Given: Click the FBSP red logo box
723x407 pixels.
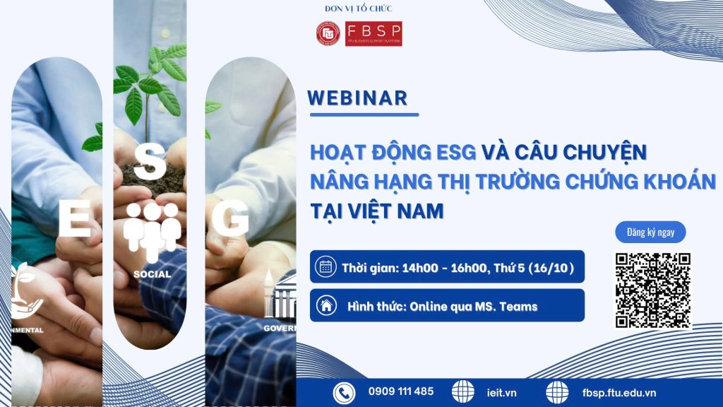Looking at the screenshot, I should click(374, 33).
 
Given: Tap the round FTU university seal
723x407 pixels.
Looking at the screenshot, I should click(328, 33).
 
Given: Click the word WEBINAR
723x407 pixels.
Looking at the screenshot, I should click(358, 98).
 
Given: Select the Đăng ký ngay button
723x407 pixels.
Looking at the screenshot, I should click(650, 232).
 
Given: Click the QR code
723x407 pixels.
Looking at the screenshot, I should click(652, 290).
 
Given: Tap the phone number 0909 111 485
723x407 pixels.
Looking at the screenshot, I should click(401, 391).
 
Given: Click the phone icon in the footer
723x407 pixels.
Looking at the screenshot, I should click(344, 392).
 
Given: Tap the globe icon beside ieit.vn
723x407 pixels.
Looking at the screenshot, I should click(463, 392).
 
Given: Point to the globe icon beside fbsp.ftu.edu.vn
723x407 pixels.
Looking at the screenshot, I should click(557, 392).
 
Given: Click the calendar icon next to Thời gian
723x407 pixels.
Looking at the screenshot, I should click(326, 267).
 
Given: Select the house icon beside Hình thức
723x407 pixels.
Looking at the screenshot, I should click(326, 306).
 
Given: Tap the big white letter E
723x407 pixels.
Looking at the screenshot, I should click(74, 220).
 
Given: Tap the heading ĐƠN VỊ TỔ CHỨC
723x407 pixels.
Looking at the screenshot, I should click(359, 8).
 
